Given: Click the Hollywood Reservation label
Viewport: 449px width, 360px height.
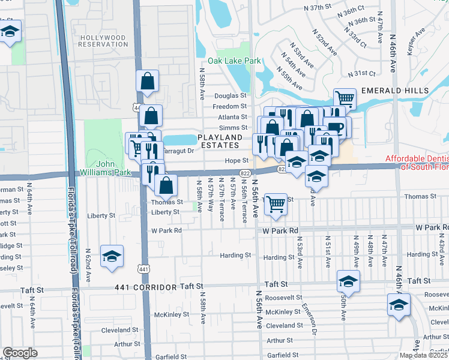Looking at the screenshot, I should (x=103, y=41).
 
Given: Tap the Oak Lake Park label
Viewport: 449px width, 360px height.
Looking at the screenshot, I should (x=234, y=61).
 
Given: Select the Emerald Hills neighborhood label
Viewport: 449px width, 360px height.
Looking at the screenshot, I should (x=394, y=91).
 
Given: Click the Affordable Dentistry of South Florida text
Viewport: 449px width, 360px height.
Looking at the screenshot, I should (x=417, y=163).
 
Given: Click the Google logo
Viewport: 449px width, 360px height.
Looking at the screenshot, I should (x=20, y=353).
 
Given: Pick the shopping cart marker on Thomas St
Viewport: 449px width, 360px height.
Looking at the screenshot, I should (x=276, y=204).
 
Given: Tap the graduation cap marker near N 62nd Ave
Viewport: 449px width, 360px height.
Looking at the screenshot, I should (x=112, y=256).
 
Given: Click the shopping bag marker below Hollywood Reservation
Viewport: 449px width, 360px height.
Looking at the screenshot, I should (x=148, y=80).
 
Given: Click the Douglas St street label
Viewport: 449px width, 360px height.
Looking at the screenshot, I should (x=231, y=95).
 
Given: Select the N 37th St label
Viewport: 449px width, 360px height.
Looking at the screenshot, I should (x=318, y=7).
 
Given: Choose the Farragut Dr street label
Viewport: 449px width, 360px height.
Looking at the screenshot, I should (x=178, y=151).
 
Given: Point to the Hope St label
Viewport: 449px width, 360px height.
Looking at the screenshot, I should (x=237, y=161).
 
